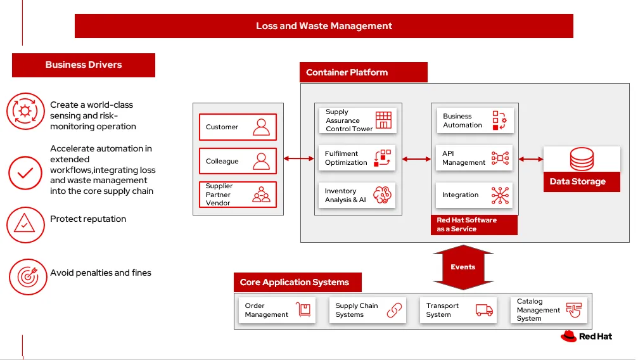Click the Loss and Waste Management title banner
324,26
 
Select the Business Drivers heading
84,65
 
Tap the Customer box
238,127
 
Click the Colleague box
238,161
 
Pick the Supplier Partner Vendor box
238,195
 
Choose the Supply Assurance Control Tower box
357,120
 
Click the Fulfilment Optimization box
357,158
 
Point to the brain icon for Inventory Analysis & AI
383,195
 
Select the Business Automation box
475,120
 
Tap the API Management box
475,158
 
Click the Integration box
475,195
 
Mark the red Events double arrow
463,267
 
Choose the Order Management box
278,310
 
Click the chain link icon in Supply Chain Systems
395,310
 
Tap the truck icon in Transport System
484,310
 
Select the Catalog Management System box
549,310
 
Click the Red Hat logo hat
568,336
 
